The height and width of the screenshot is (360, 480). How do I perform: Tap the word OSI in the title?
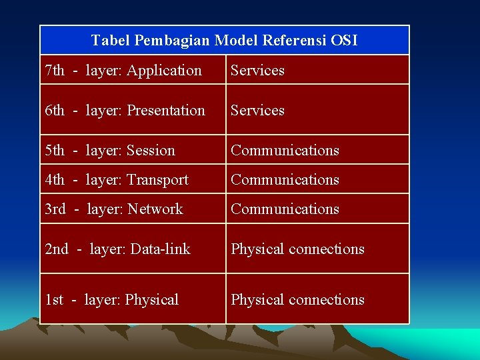pyautogui.click(x=344, y=41)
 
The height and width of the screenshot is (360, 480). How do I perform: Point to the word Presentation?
pyautogui.click(x=166, y=111)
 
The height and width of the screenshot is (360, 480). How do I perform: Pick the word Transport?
pyautogui.click(x=157, y=180)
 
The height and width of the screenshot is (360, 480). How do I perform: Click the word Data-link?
pyautogui.click(x=161, y=249)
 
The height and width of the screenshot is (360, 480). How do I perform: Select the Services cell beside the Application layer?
pyautogui.click(x=257, y=71)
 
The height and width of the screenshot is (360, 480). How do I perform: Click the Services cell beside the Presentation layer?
pyautogui.click(x=257, y=111)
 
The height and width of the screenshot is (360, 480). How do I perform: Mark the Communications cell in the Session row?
pyautogui.click(x=285, y=151)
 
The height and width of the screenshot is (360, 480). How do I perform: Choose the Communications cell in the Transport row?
pyautogui.click(x=285, y=180)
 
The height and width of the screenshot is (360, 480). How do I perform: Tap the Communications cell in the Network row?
pyautogui.click(x=285, y=209)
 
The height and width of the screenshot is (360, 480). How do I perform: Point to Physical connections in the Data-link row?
pyautogui.click(x=297, y=249)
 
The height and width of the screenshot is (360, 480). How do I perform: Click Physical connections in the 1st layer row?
pyautogui.click(x=297, y=300)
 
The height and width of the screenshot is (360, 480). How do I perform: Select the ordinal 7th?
pyautogui.click(x=55, y=71)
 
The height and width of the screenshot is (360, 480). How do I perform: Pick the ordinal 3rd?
pyautogui.click(x=55, y=209)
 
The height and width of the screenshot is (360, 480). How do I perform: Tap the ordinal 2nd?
pyautogui.click(x=57, y=249)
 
